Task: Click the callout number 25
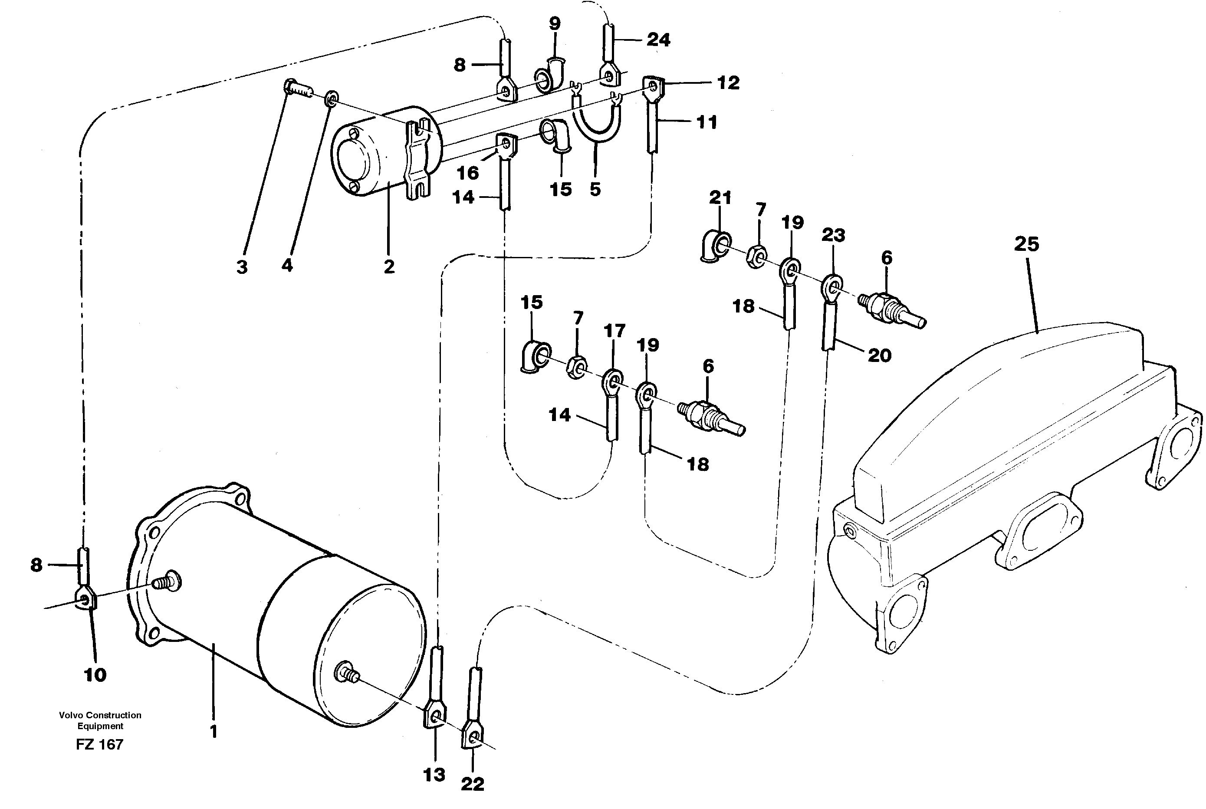[1026, 244]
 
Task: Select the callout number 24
[658, 40]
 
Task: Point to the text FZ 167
[99, 744]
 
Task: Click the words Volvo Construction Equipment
[100, 720]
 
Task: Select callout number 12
[728, 82]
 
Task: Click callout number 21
[720, 197]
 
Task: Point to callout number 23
[833, 235]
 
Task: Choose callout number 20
[880, 355]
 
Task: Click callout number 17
[614, 331]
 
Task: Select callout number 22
[473, 784]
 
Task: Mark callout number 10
[95, 674]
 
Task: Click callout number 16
[467, 173]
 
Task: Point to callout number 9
[555, 24]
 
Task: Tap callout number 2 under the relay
[389, 267]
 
